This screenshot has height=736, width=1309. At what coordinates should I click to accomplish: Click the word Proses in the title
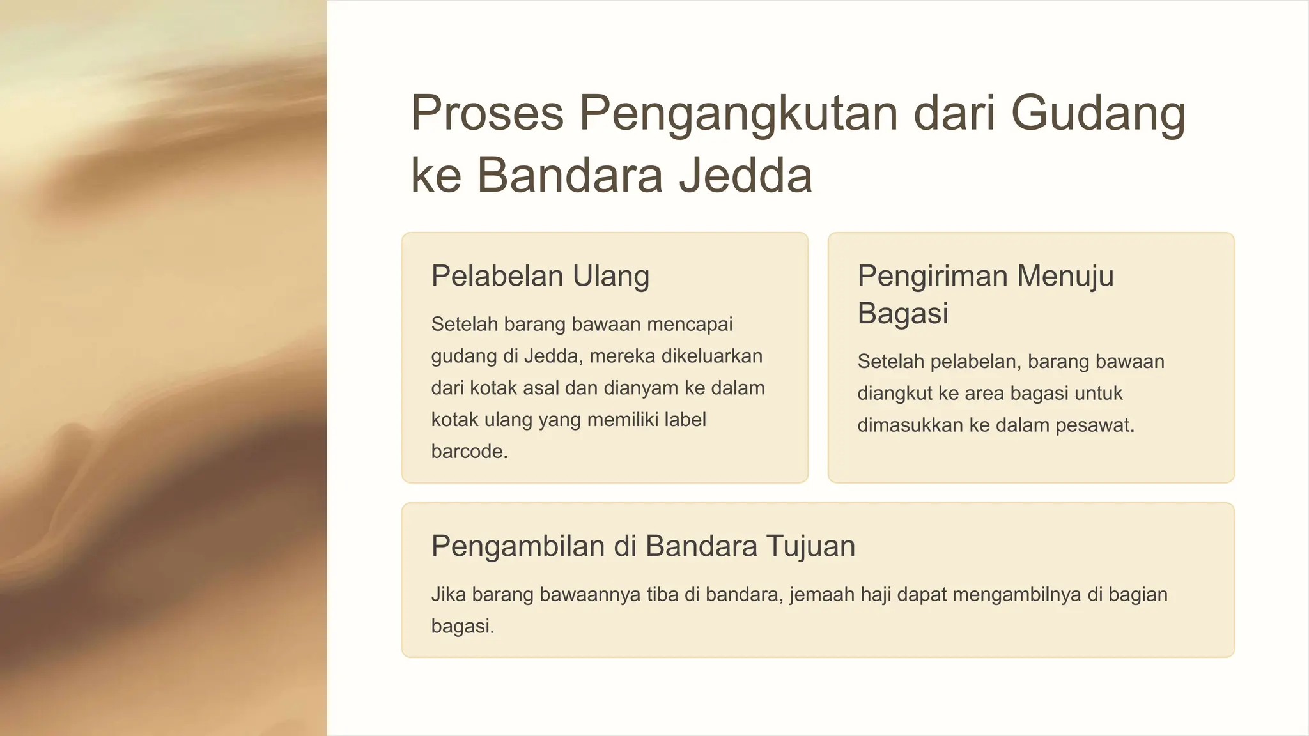(486, 113)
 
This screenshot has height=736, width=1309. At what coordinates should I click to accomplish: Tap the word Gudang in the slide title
(1098, 113)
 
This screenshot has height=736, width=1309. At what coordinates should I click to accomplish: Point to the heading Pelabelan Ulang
(540, 276)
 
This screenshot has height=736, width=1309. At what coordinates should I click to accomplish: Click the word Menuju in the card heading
(1065, 276)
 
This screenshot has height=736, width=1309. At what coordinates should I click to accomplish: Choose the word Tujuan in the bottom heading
(810, 546)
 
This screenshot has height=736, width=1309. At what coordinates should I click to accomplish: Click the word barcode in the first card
(469, 452)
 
